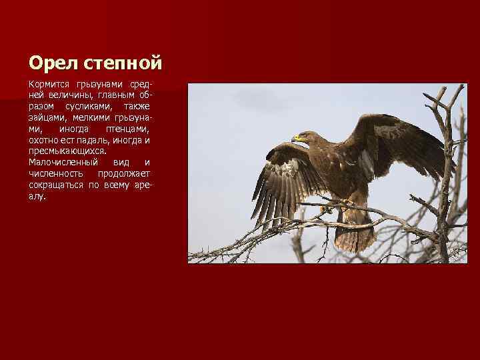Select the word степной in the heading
[x=124, y=63]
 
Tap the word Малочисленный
[x=63, y=162]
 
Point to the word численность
[x=55, y=173]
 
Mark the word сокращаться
[x=55, y=185]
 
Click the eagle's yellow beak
[x=297, y=139]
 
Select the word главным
[x=115, y=96]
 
